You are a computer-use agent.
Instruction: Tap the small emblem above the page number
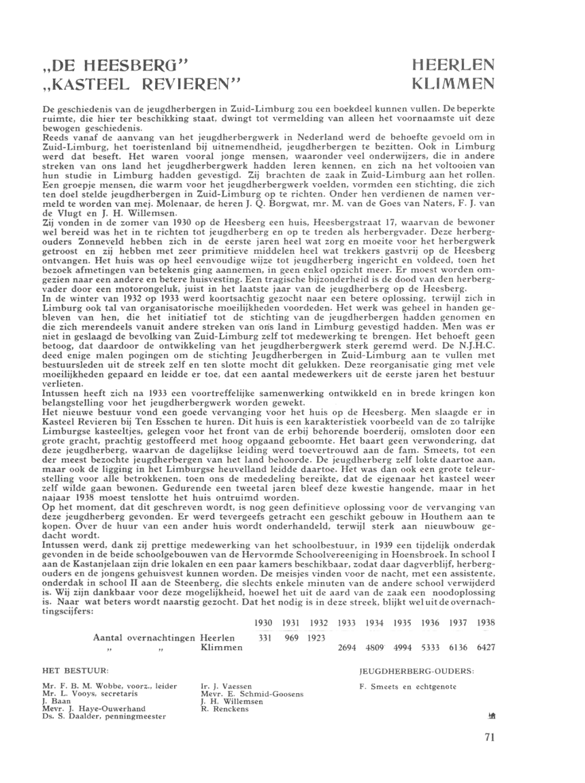pyautogui.click(x=491, y=716)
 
